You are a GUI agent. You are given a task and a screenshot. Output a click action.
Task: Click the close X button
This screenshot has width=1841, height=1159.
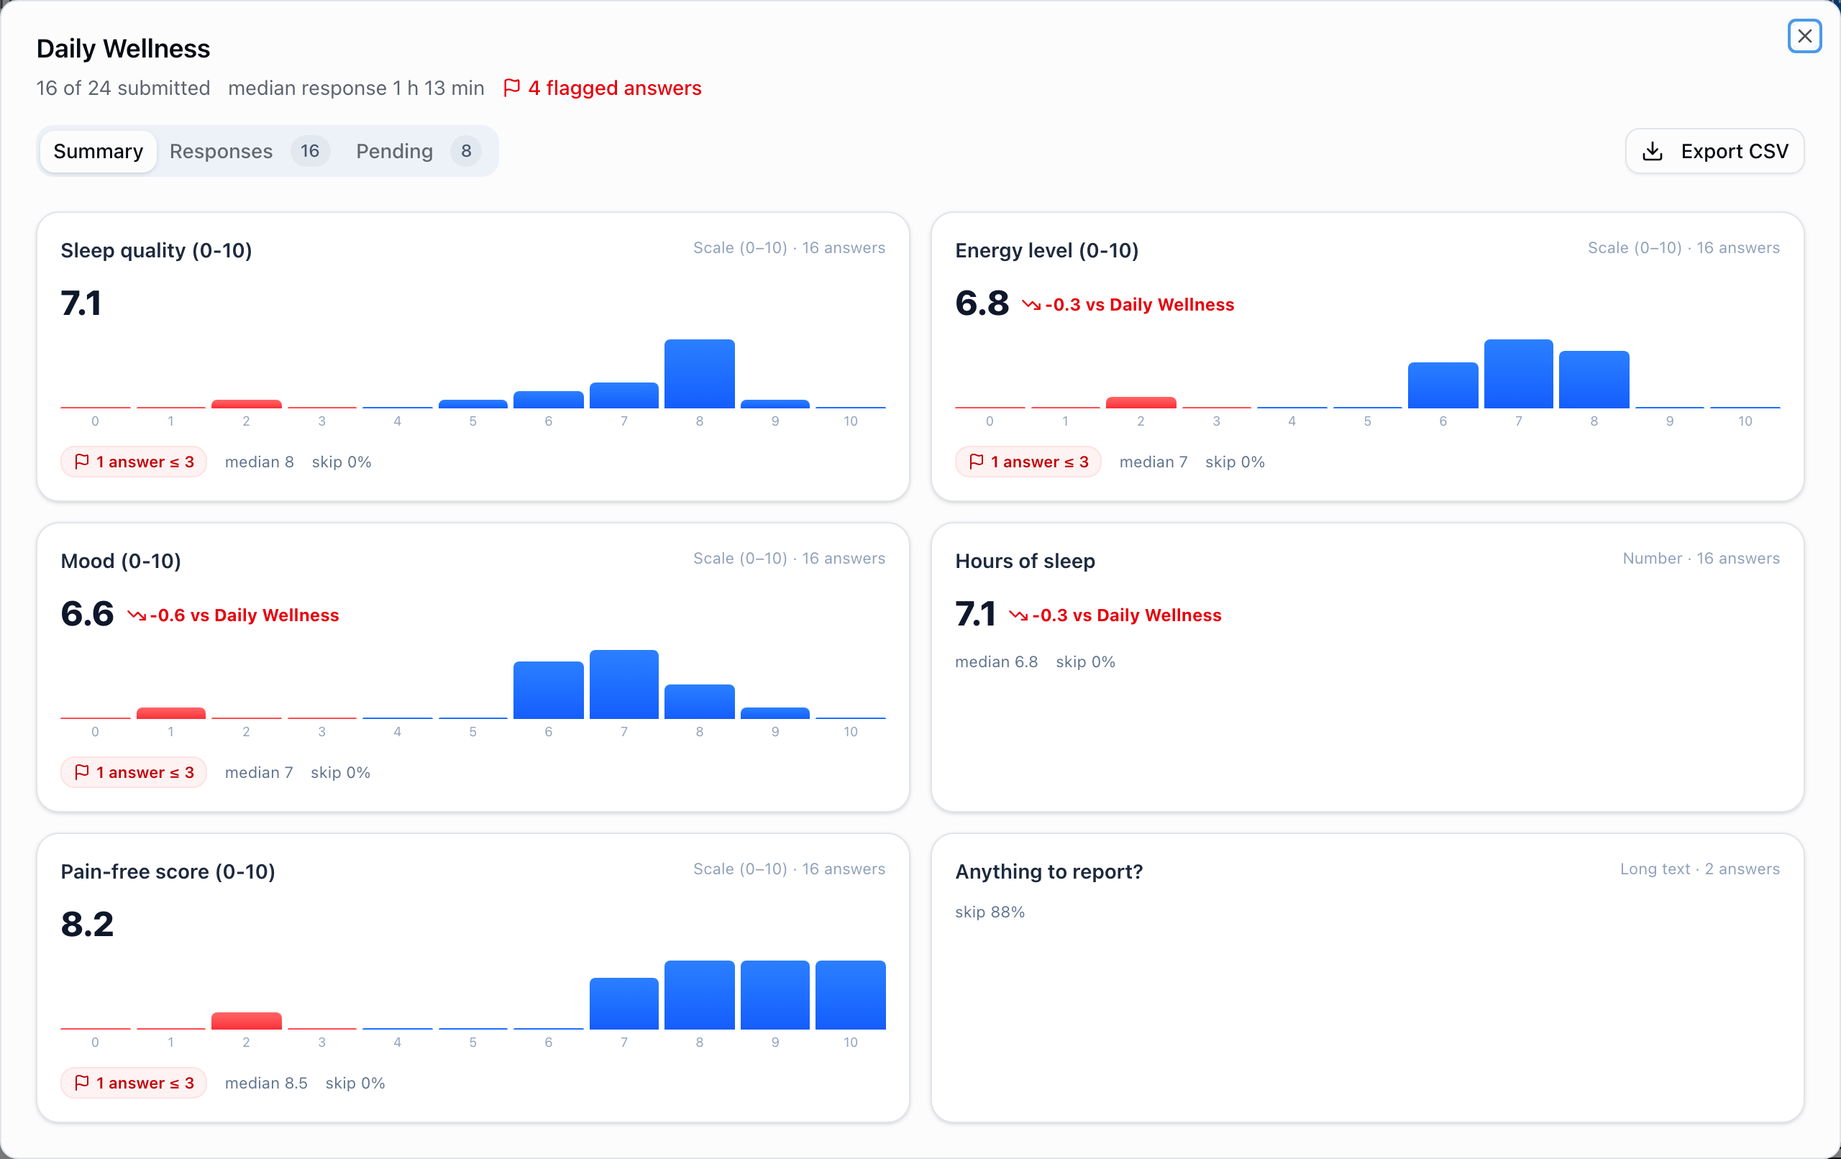1804,36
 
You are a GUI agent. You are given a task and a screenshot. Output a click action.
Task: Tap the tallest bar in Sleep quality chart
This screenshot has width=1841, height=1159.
700,374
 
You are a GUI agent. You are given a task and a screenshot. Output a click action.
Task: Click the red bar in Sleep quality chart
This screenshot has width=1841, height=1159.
246,403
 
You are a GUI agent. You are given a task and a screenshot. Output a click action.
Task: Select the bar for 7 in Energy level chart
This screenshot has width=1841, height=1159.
1518,374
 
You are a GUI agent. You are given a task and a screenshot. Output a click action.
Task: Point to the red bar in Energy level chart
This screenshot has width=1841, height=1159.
1141,402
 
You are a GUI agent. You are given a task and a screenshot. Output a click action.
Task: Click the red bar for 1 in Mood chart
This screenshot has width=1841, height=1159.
170,713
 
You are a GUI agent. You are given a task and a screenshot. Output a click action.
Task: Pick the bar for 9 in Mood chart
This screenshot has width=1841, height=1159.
775,713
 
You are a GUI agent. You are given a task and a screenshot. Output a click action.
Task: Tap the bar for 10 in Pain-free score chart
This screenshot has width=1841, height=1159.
850,994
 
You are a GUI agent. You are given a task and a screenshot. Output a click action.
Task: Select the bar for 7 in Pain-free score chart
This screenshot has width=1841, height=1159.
624,1004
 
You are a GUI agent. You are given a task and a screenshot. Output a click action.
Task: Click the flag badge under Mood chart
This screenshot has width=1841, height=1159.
134,772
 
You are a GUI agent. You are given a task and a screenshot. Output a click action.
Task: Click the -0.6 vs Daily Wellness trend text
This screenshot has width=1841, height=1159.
233,615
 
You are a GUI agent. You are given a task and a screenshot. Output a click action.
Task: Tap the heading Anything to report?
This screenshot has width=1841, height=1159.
1049,871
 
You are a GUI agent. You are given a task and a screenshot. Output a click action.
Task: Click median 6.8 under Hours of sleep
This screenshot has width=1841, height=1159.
996,661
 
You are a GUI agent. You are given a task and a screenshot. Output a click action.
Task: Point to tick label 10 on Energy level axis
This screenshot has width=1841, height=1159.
1745,421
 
